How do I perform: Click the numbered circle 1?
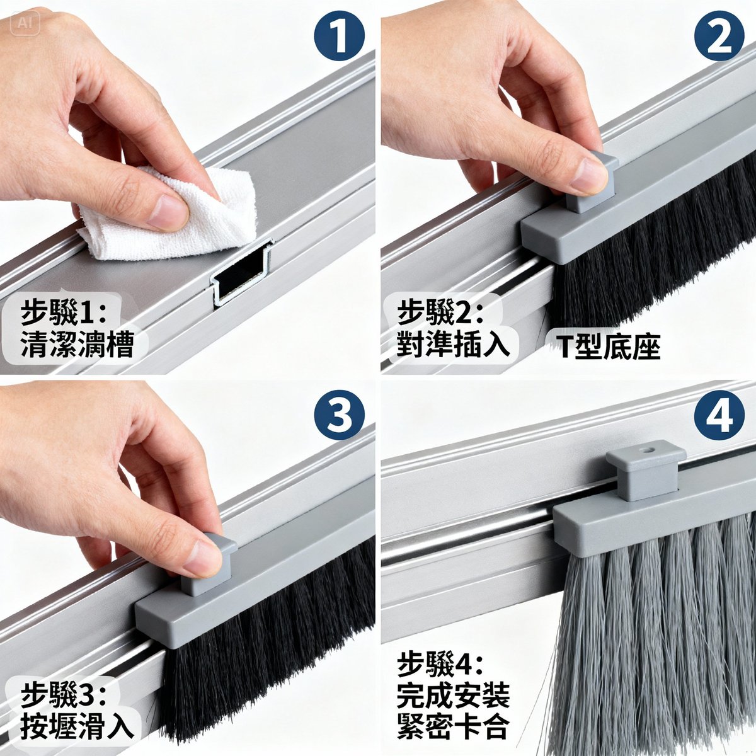340,36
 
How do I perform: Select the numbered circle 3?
340,416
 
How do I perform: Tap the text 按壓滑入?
77,725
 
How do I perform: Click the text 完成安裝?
453,696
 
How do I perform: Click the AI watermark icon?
25,23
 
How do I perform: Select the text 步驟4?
441,665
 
